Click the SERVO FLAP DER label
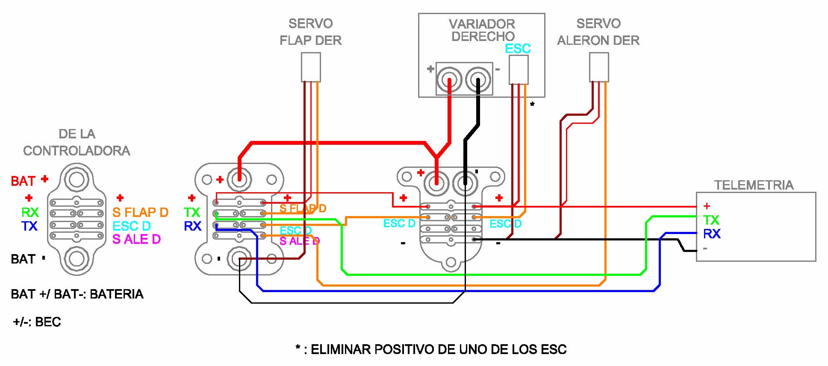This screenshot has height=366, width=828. (x=310, y=32)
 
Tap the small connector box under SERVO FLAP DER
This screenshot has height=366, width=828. (x=311, y=67)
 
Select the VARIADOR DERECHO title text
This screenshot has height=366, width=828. (x=482, y=30)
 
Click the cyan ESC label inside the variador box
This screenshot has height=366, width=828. (x=518, y=49)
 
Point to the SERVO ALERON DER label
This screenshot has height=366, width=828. (x=598, y=32)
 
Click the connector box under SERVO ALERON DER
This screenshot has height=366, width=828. (x=598, y=67)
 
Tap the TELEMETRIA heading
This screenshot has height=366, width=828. (x=754, y=185)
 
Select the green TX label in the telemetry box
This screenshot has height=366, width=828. (x=711, y=220)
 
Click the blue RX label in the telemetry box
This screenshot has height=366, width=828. (x=712, y=234)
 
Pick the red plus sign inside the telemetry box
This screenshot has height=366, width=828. (x=707, y=206)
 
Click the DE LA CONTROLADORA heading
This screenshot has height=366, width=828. (x=77, y=142)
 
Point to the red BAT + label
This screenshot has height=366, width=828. (x=29, y=181)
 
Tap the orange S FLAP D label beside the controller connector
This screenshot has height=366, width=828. (x=140, y=212)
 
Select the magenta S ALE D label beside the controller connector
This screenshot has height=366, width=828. (x=136, y=239)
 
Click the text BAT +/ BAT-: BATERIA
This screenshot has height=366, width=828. (x=77, y=294)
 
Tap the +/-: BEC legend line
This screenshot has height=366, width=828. (x=37, y=322)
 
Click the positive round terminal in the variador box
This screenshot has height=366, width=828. (x=449, y=80)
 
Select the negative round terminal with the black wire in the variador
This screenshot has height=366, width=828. (x=478, y=80)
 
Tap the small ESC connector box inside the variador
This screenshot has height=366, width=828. (x=518, y=70)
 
